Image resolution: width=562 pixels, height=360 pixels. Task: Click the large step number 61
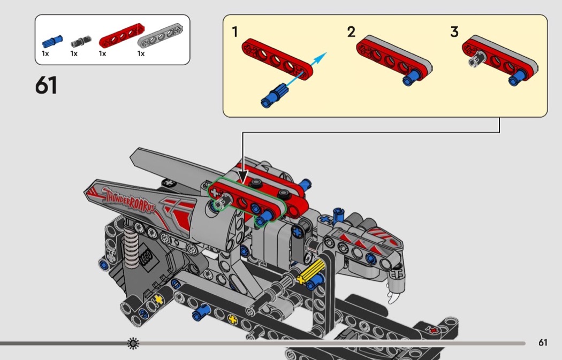46,86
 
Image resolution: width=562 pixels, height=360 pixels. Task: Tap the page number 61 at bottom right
543,343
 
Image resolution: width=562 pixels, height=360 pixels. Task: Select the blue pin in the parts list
52,42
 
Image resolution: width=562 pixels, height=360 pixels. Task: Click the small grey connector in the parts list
81,42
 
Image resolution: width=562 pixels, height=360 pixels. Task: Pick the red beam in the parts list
121,35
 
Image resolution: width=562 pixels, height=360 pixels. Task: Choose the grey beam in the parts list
160,35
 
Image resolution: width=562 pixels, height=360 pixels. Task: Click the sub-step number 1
235,32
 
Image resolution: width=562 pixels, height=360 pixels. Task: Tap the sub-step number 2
351,32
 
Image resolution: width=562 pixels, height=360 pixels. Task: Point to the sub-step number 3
454,32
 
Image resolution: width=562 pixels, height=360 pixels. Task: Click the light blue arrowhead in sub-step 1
321,57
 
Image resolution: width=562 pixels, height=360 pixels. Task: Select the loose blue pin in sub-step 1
274,96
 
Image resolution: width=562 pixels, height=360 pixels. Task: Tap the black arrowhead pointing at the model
243,177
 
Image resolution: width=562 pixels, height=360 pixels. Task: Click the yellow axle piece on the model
311,271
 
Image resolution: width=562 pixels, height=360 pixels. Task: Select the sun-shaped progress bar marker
133,343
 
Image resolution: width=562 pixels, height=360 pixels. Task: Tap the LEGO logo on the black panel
148,257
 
